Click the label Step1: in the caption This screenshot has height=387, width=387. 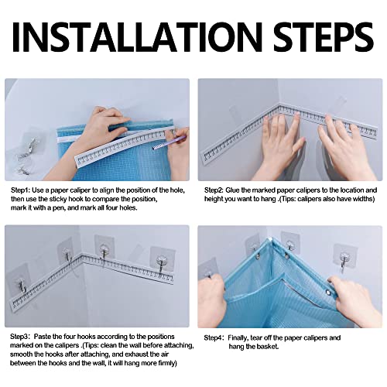click(22, 189)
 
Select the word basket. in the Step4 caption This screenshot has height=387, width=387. click(262, 348)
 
